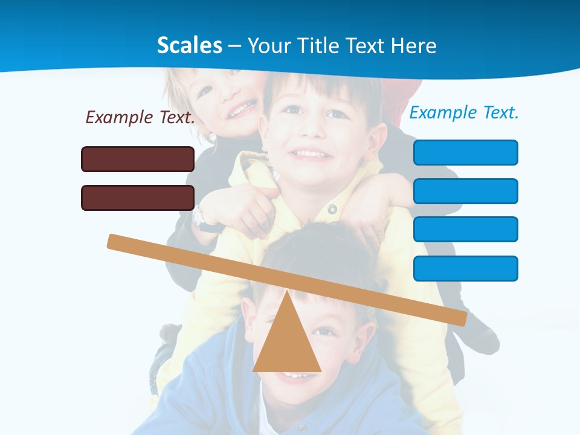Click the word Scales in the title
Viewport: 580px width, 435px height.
(x=189, y=45)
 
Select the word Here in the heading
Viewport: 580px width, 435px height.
(x=413, y=46)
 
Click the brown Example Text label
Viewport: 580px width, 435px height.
(x=140, y=117)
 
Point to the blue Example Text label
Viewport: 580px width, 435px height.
(x=464, y=112)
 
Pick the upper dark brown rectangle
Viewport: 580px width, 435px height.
(x=138, y=159)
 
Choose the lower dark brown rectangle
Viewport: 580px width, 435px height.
(x=138, y=198)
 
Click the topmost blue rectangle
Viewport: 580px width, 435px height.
(x=465, y=152)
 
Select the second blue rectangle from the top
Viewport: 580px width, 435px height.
(x=465, y=191)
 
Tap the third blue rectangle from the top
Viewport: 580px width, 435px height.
(x=465, y=229)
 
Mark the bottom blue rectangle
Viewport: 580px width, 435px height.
(x=465, y=268)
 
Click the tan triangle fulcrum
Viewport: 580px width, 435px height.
(x=287, y=344)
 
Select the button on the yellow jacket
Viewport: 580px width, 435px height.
(x=332, y=209)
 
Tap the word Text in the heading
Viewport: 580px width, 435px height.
(x=366, y=46)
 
